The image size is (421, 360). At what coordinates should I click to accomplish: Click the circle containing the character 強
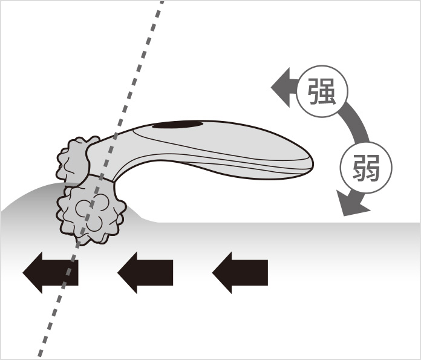[x=322, y=91]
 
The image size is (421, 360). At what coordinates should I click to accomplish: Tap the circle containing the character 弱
[x=366, y=167]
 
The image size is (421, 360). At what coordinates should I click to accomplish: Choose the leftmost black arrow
[x=50, y=273]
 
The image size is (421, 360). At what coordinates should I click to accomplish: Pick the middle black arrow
[x=145, y=273]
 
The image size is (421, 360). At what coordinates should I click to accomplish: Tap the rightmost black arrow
[x=240, y=273]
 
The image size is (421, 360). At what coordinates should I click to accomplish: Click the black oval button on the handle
[x=178, y=125]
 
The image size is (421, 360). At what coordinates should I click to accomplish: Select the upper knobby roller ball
[x=73, y=161]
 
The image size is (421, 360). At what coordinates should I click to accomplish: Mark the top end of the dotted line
[x=162, y=2]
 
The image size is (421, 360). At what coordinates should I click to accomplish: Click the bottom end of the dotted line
[x=40, y=357]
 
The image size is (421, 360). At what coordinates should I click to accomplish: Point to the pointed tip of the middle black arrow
[x=118, y=273]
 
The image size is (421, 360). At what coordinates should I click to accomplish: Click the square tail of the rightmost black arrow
[x=249, y=273]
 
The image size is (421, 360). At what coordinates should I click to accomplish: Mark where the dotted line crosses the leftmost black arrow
[x=70, y=273]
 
